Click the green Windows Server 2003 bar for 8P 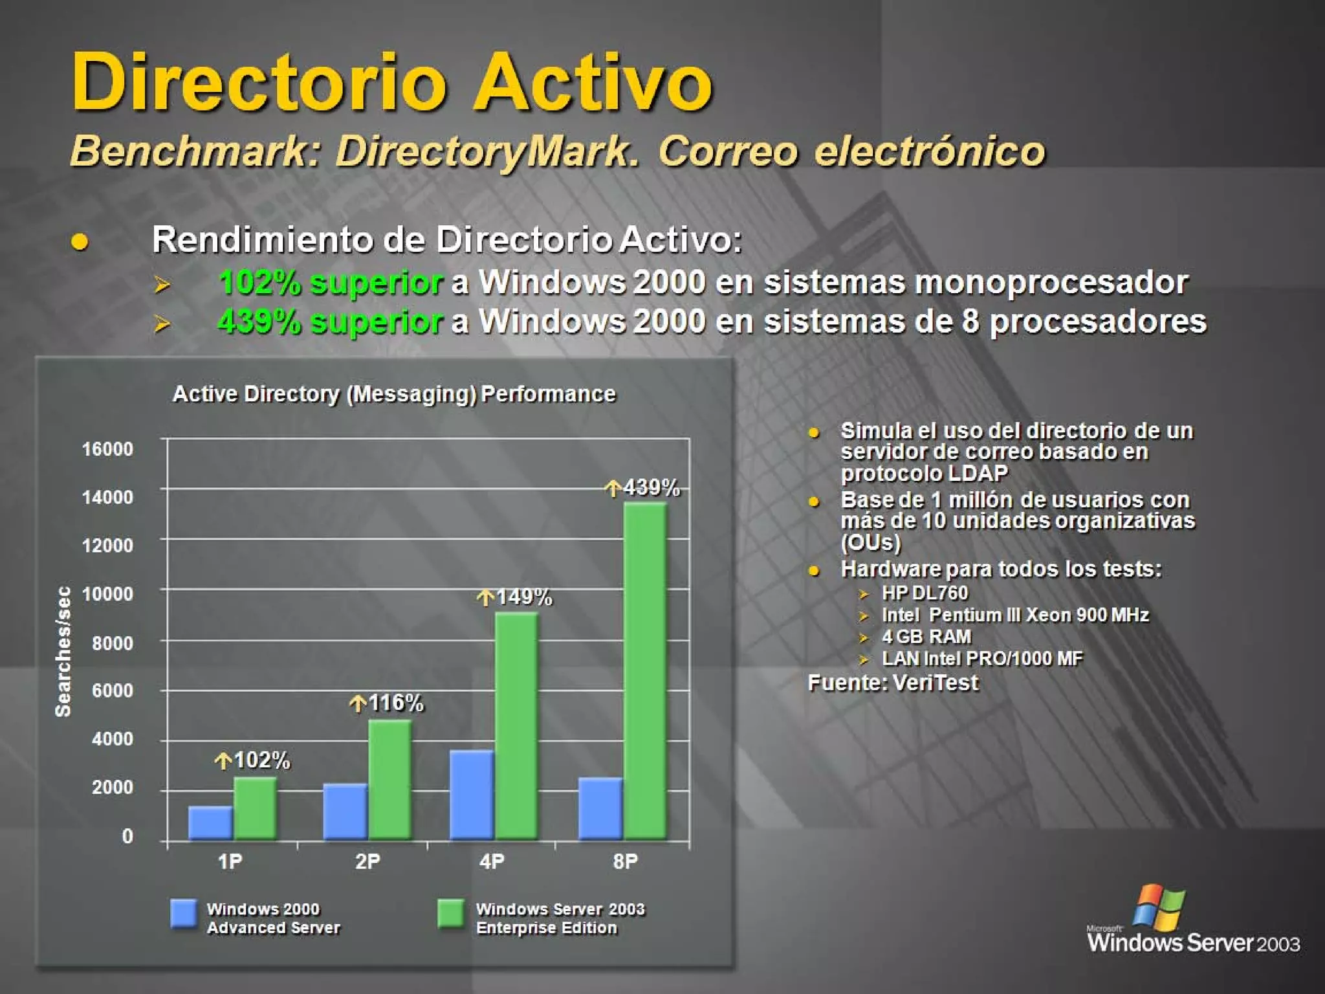click(645, 670)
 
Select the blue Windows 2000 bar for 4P click(472, 795)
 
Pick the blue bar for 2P click(345, 812)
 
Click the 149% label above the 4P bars click(516, 597)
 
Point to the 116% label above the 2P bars click(387, 703)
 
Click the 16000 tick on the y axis click(107, 448)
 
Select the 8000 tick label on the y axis click(112, 643)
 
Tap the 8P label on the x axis click(625, 861)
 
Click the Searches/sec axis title click(63, 651)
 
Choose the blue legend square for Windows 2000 click(184, 913)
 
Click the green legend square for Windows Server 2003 click(450, 913)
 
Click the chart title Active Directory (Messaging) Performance click(394, 394)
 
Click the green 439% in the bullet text click(259, 321)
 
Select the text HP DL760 click(925, 593)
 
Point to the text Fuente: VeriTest click(893, 683)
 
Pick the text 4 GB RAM click(926, 637)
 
